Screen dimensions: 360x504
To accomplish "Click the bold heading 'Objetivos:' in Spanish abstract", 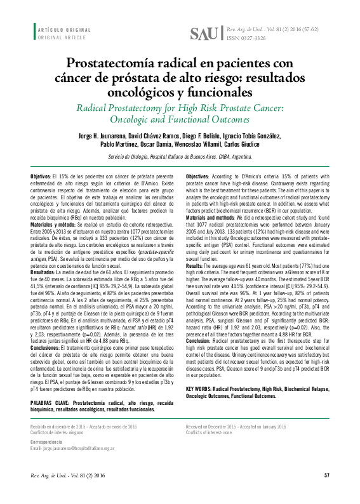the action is [x=41, y=175].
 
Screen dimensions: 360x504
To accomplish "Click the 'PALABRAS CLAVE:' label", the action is [x=51, y=403].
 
